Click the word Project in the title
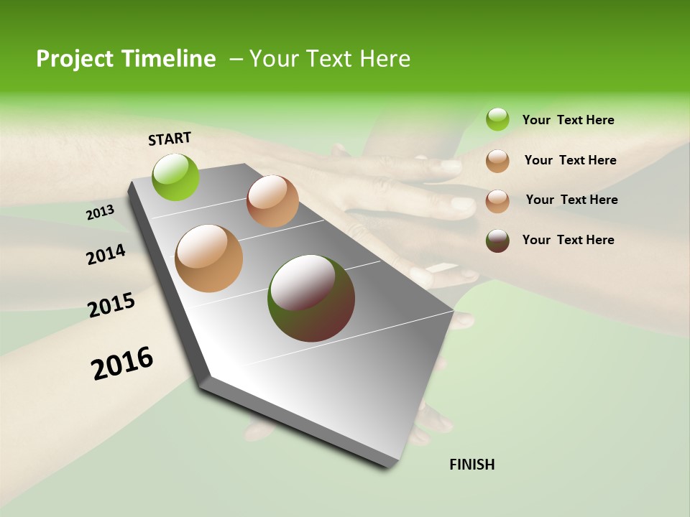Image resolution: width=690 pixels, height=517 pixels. (74, 59)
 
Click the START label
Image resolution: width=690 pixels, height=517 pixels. (170, 139)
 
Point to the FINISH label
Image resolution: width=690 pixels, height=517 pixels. (471, 465)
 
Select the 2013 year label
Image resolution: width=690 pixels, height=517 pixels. (100, 213)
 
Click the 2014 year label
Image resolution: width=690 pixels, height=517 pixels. (106, 255)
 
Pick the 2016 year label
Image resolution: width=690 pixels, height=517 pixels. (122, 363)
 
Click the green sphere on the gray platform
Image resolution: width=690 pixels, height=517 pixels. (176, 177)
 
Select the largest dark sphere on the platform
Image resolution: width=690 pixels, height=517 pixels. (311, 298)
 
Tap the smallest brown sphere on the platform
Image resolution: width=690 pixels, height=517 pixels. (272, 201)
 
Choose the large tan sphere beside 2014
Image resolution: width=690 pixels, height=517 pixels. (209, 258)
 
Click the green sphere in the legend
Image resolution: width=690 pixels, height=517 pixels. (497, 119)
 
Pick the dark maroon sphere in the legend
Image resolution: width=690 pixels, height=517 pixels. (497, 241)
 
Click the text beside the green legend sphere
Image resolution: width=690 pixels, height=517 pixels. (568, 120)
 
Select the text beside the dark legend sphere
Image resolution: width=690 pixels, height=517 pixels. (568, 240)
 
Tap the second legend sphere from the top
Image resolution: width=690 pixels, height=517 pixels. (497, 161)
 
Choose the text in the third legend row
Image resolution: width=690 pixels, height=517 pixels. (571, 200)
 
